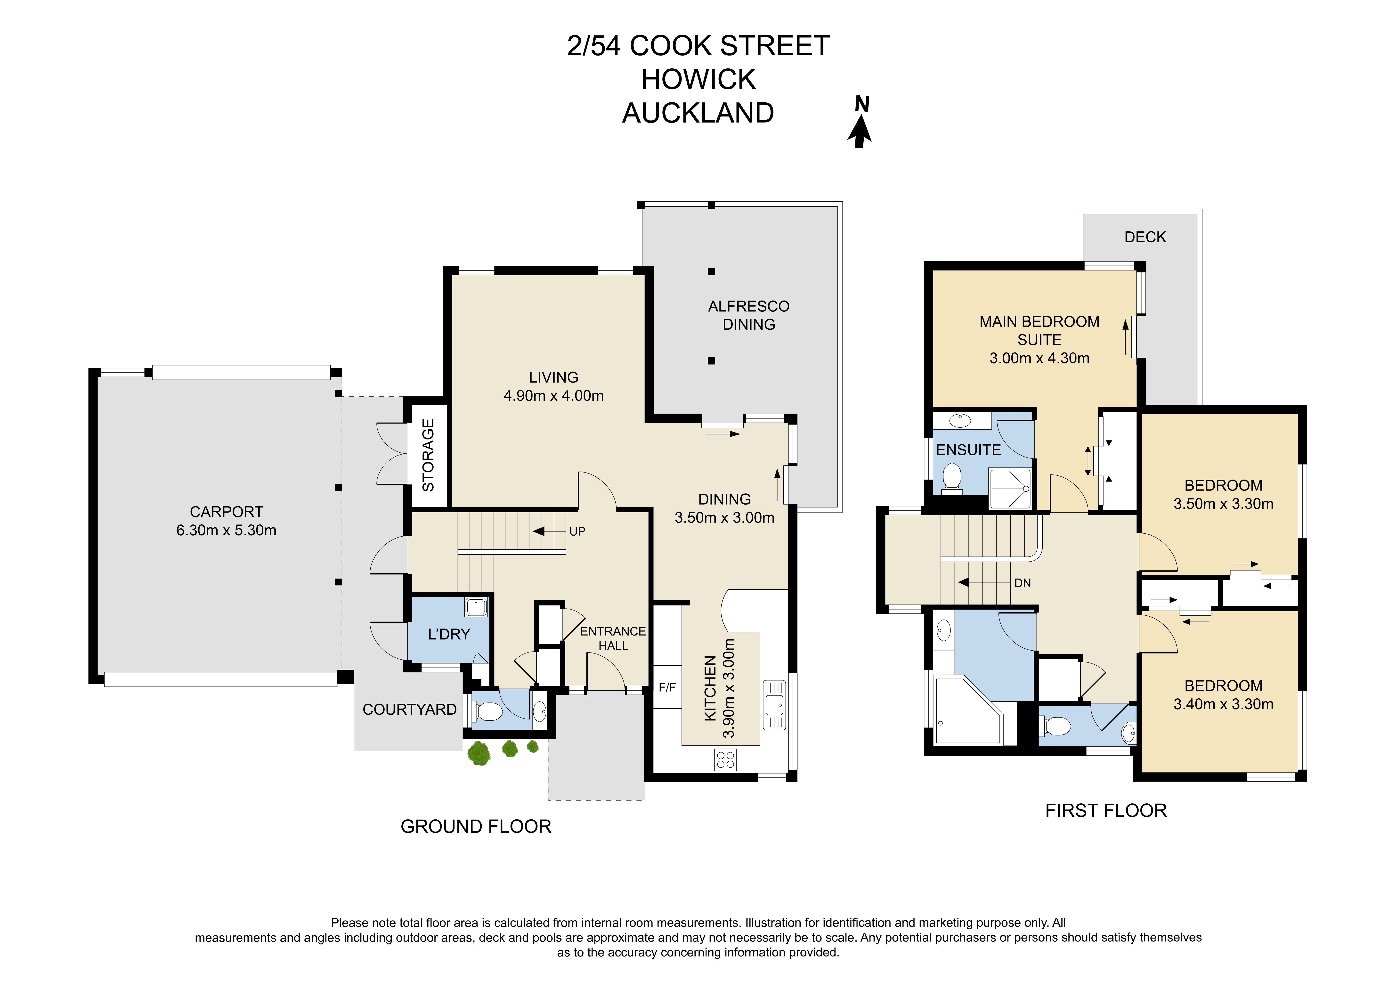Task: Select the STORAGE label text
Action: point(428,455)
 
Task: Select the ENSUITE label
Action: point(968,450)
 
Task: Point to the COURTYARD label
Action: point(409,709)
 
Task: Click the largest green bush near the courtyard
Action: point(479,753)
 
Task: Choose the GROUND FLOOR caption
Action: point(476,826)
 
